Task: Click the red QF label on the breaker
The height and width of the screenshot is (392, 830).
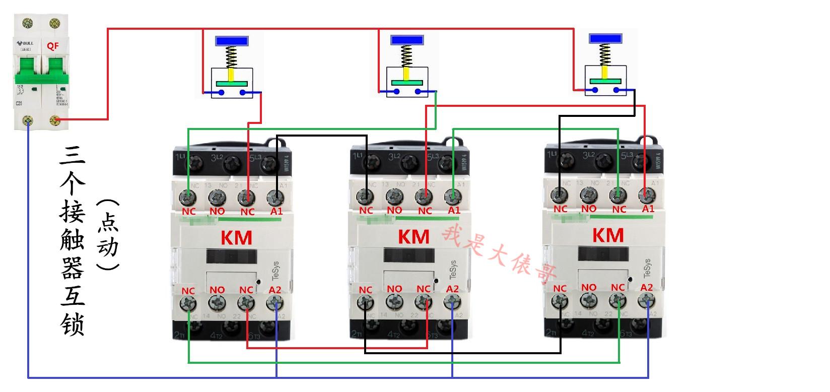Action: (x=53, y=46)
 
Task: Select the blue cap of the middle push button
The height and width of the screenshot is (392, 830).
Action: (x=407, y=39)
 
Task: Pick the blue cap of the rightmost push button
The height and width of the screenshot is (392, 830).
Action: (x=606, y=38)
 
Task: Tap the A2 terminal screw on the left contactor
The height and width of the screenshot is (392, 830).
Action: (x=274, y=303)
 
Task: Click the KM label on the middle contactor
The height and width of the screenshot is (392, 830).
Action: (x=414, y=237)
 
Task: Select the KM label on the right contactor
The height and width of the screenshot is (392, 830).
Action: (x=608, y=235)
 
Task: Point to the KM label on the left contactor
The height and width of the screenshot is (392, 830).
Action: (x=237, y=238)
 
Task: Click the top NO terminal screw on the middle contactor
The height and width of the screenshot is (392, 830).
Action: (x=394, y=195)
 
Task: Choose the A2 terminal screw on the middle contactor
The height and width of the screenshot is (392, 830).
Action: (x=452, y=302)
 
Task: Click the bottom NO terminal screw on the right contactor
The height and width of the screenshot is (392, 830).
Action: (x=588, y=300)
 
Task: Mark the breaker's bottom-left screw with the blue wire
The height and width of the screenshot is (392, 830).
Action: (x=28, y=120)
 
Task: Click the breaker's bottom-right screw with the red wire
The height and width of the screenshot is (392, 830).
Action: (x=53, y=120)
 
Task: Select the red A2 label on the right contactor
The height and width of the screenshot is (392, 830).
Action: (x=647, y=287)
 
